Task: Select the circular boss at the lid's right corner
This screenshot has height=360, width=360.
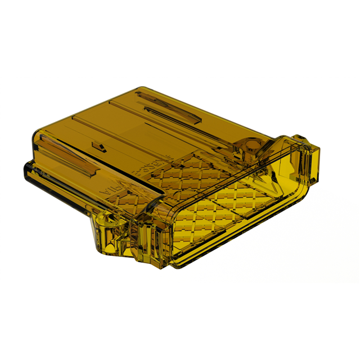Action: click(x=249, y=146)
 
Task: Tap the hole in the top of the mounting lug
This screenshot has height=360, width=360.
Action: click(x=103, y=217)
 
